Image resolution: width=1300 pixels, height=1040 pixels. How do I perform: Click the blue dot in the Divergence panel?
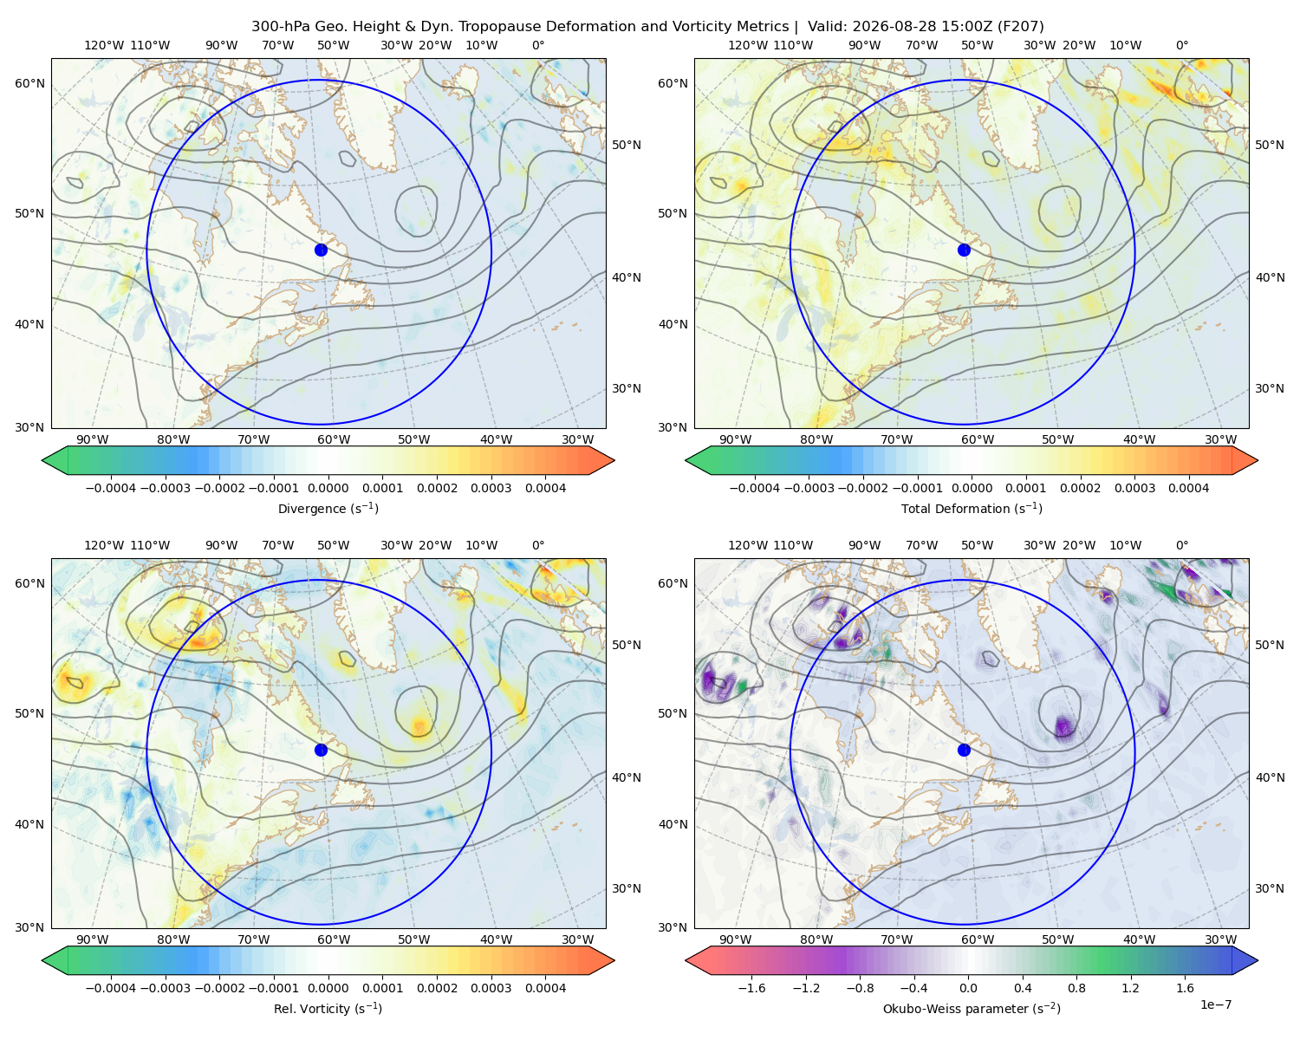pos(321,250)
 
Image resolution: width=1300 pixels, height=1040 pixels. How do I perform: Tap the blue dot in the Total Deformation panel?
pos(964,250)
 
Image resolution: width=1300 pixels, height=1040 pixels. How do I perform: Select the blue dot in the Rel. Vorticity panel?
pos(321,750)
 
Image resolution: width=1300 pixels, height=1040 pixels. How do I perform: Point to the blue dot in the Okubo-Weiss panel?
pos(964,750)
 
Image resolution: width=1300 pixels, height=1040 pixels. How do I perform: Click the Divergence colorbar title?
pos(328,508)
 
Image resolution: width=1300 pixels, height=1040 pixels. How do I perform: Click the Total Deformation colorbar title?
pos(972,508)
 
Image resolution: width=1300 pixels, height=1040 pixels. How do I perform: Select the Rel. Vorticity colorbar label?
pos(328,1008)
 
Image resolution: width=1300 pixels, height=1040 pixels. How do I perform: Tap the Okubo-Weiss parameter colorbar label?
pos(972,1008)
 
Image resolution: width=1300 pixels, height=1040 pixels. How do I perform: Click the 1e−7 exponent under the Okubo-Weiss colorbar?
pos(1215,1004)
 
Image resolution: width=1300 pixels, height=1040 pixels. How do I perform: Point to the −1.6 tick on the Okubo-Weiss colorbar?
pos(751,987)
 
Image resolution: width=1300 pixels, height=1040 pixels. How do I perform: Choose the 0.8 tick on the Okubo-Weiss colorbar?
pos(1076,987)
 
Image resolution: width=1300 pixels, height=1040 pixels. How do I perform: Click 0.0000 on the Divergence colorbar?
pos(328,488)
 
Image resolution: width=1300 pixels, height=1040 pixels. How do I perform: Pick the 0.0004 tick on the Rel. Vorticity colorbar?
pos(545,987)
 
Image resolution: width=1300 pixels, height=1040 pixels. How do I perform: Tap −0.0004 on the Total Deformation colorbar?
pos(755,488)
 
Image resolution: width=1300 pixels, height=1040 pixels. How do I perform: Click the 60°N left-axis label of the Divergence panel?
pos(29,83)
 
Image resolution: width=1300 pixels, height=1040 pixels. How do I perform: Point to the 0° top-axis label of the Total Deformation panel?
pos(1181,45)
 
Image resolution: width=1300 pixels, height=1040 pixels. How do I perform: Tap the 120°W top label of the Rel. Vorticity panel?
pos(104,544)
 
